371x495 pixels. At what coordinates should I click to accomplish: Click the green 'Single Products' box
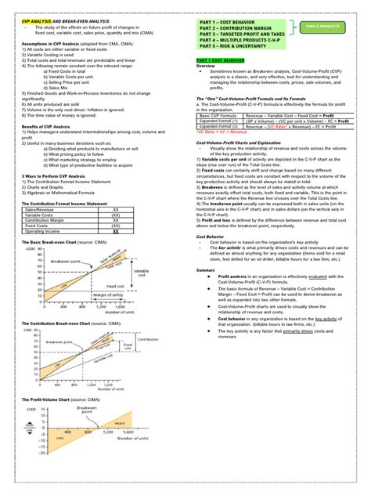[x=323, y=27]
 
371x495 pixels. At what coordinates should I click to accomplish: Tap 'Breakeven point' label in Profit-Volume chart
[x=87, y=411]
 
